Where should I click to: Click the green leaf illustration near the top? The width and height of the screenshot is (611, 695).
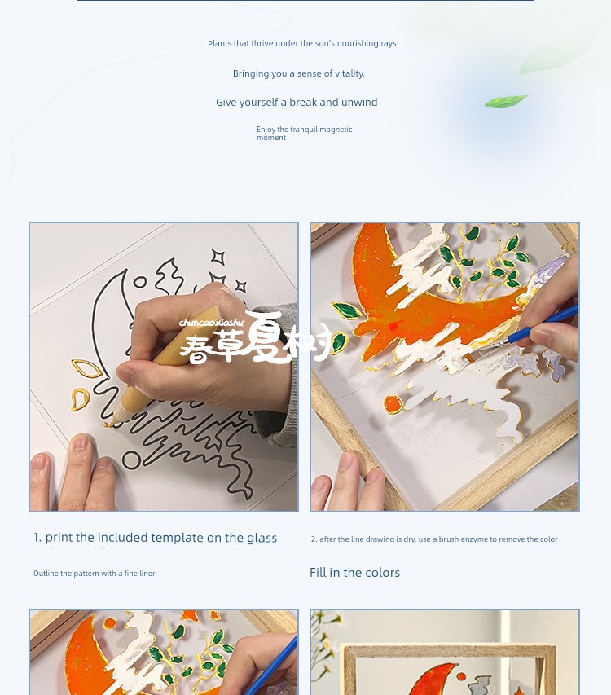pyautogui.click(x=506, y=100)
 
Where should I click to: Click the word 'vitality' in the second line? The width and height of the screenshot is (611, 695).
pyautogui.click(x=347, y=73)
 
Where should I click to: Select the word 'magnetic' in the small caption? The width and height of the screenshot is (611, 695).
pyautogui.click(x=336, y=130)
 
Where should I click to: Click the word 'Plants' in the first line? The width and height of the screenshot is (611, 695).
pyautogui.click(x=219, y=43)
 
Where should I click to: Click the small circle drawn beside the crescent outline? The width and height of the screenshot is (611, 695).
pyautogui.click(x=139, y=282)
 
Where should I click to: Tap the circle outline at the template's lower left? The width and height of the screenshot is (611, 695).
pyautogui.click(x=132, y=460)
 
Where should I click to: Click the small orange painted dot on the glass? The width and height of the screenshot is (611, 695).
pyautogui.click(x=393, y=405)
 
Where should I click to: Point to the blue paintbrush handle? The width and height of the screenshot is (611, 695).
pyautogui.click(x=543, y=324)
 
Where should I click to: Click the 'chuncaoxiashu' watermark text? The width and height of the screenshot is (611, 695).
pyautogui.click(x=211, y=322)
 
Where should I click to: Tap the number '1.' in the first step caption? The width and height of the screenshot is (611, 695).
pyautogui.click(x=37, y=538)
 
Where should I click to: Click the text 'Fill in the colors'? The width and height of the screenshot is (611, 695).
pyautogui.click(x=354, y=573)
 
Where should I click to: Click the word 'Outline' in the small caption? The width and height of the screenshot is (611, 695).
pyautogui.click(x=46, y=573)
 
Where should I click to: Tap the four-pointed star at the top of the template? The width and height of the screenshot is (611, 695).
pyautogui.click(x=218, y=257)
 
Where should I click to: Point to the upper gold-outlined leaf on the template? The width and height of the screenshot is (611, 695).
pyautogui.click(x=86, y=368)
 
